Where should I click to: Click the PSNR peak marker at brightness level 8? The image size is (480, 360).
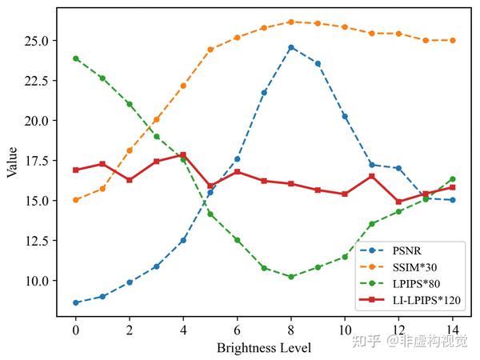[x=291, y=47]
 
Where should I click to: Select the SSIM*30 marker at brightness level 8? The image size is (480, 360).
[x=291, y=22]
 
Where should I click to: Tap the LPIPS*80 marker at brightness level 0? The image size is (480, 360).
[x=75, y=58]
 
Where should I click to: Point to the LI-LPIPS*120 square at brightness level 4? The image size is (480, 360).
[x=183, y=155]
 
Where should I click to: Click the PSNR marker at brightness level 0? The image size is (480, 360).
[x=75, y=302]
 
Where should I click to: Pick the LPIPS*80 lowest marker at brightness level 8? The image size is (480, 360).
[x=291, y=277]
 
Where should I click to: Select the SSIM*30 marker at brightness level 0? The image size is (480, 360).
[x=75, y=200]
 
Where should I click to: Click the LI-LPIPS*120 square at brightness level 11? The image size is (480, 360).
[x=372, y=176]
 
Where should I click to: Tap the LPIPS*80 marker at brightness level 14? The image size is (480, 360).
[x=453, y=179]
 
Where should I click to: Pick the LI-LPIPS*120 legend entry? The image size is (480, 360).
[x=420, y=300]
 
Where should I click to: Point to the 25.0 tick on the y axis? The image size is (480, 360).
[x=38, y=40]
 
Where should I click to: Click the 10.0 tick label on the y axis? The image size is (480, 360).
[x=38, y=281]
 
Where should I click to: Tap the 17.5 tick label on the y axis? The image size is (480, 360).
[x=38, y=161]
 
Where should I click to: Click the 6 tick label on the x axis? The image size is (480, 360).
[x=237, y=330]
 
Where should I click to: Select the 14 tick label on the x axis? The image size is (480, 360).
[x=453, y=330]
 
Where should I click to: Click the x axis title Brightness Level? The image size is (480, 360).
[x=264, y=348]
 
